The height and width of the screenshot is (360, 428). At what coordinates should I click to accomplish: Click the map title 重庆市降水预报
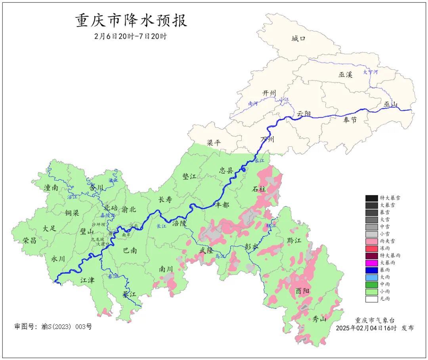pos(131,21)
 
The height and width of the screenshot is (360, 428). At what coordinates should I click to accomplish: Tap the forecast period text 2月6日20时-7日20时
pos(131,36)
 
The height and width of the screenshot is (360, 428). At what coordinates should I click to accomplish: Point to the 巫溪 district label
pos(345,75)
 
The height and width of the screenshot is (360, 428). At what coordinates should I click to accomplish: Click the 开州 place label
pos(269,93)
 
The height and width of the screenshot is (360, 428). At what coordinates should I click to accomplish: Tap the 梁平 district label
pos(214,143)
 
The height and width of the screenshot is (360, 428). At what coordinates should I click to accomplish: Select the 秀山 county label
pos(319,318)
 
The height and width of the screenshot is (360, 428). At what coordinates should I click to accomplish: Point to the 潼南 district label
pos(52,188)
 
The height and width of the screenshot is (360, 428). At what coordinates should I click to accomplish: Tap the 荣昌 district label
pos(30,240)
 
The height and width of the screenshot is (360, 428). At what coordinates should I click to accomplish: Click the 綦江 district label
pos(129,295)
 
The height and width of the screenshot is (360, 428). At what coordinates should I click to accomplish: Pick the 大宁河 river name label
pos(371,72)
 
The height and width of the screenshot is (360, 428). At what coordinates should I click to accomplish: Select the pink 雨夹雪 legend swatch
pos(371,241)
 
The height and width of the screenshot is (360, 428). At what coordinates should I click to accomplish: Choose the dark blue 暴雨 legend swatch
pos(371,270)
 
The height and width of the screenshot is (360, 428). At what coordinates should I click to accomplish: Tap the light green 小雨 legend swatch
pos(371,291)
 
